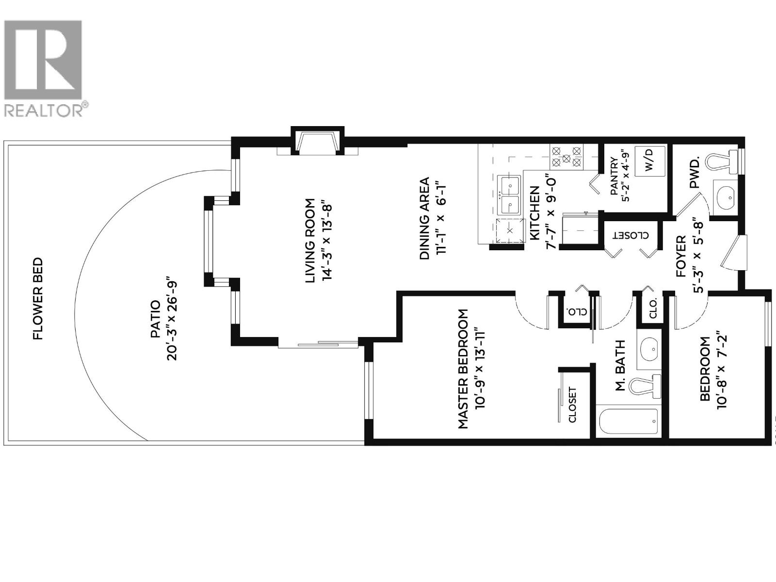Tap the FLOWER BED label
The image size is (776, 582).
point(37,299)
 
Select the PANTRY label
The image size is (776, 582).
point(614,176)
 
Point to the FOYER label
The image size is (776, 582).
point(681,256)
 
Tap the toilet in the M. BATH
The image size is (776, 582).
point(645,386)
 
